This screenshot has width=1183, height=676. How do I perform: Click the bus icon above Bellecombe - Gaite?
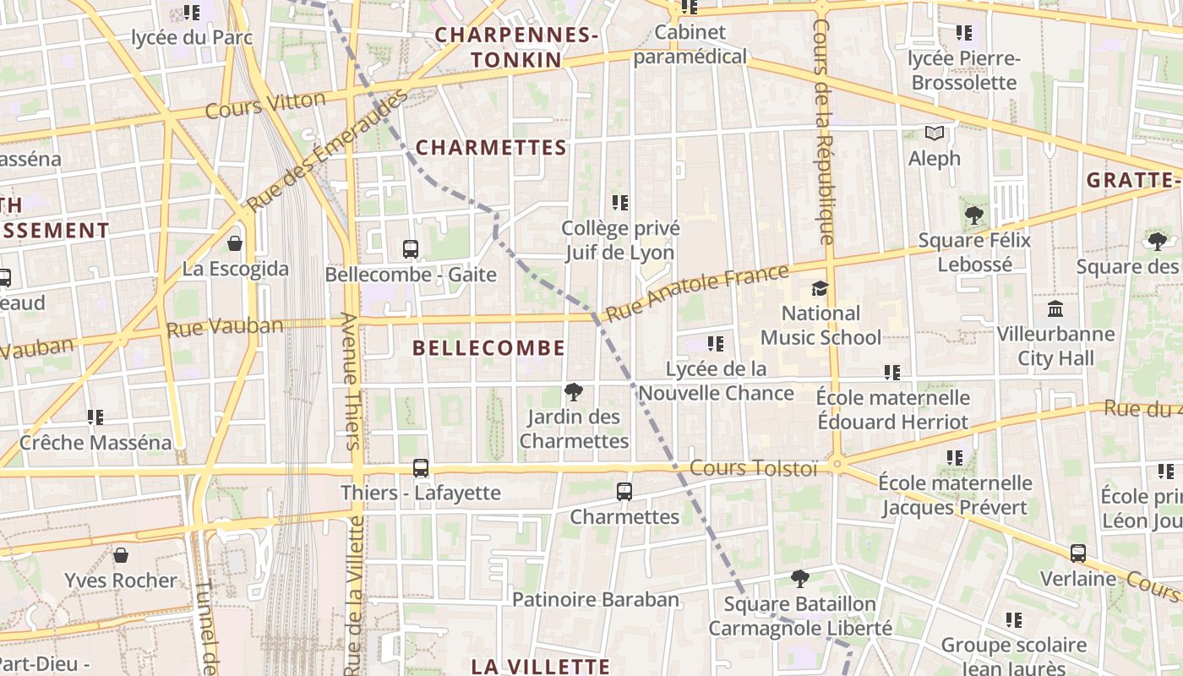pos(411,249)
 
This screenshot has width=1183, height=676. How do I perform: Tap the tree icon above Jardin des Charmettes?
pos(574,392)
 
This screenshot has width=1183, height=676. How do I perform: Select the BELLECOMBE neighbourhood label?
pos(489,348)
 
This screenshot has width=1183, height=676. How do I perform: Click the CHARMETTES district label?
pos(491,148)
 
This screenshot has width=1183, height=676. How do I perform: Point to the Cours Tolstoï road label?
pos(754,468)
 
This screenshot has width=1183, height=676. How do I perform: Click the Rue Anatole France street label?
pos(698,292)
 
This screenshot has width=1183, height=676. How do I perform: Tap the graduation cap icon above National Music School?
pos(820,289)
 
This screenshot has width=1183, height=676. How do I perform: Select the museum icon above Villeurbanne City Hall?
pos(1055,309)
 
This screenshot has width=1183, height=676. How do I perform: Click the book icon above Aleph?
pos(934,134)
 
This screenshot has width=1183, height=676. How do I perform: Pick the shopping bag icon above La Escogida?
pos(235,244)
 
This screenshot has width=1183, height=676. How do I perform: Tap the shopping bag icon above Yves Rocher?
pos(121,555)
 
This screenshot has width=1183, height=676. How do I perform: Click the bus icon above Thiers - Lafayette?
pos(421,468)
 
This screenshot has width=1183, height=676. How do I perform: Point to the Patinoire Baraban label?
pos(596,600)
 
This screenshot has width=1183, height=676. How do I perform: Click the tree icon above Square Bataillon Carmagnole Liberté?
pos(799,579)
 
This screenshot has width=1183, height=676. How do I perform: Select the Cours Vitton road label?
pos(265,106)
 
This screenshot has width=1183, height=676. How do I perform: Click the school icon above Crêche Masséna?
pos(95,417)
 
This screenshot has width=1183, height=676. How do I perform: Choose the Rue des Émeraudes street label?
pos(328,150)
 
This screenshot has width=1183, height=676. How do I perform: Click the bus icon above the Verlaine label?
pos(1078,553)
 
